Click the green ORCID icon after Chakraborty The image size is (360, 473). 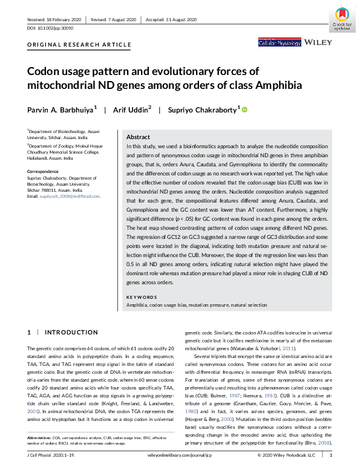[x=245, y=109]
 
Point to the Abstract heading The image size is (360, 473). [x=138, y=137]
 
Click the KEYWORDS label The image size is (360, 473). [x=140, y=298]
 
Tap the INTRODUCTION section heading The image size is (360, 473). [x=67, y=333]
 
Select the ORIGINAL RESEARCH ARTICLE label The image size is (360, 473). [x=79, y=45]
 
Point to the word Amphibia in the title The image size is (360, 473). [x=270, y=85]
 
